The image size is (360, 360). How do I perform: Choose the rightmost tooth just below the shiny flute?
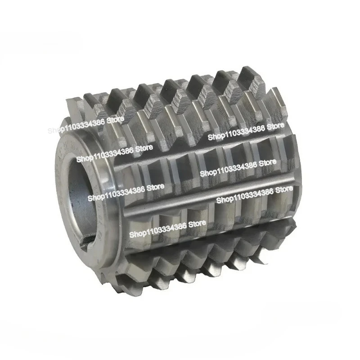point(274,211)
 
